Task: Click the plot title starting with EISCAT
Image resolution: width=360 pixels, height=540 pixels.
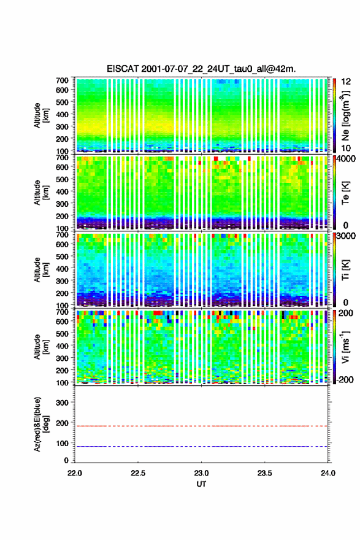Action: click(x=201, y=69)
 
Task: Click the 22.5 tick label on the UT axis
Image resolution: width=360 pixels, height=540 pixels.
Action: click(x=137, y=473)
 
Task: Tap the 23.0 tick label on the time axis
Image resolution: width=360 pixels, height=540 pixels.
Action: click(x=201, y=473)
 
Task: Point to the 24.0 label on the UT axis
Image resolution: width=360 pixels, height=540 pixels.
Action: click(x=328, y=473)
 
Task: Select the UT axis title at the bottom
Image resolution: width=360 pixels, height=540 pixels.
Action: click(x=201, y=484)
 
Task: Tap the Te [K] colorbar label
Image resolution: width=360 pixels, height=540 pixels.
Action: click(x=345, y=193)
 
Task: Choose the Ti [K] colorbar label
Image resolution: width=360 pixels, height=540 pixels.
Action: click(x=345, y=269)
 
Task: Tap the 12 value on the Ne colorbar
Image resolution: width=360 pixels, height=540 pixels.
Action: click(x=346, y=82)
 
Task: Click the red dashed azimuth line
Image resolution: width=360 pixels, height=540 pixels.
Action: click(x=201, y=426)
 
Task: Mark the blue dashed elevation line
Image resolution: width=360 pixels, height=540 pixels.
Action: click(x=201, y=446)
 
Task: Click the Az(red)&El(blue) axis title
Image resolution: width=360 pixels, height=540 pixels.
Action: click(x=41, y=424)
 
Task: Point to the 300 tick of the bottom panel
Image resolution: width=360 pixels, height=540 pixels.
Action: click(x=63, y=403)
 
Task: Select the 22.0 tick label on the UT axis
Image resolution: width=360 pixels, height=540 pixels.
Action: click(x=75, y=473)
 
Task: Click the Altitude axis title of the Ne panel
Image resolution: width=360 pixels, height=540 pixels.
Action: click(x=41, y=115)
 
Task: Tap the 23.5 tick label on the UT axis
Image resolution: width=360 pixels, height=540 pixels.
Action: click(x=265, y=473)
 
